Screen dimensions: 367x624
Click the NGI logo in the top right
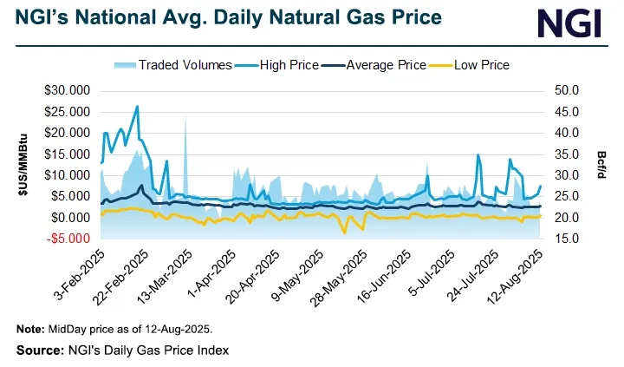(568, 23)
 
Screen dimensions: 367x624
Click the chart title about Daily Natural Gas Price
(226, 17)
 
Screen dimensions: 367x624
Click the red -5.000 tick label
(73, 239)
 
